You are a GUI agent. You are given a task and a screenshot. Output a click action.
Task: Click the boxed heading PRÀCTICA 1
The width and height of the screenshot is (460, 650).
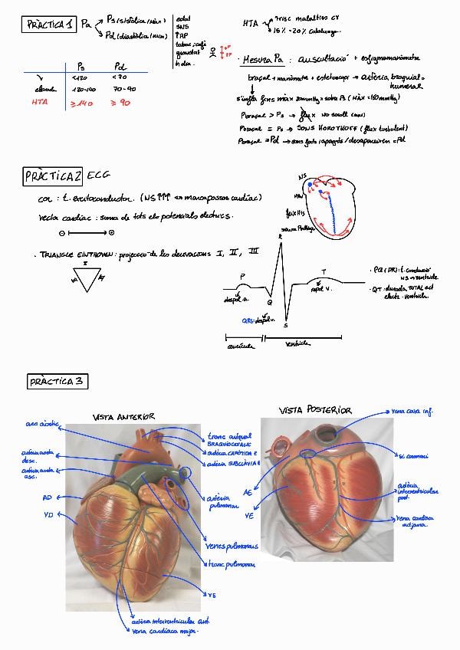pyautogui.click(x=49, y=25)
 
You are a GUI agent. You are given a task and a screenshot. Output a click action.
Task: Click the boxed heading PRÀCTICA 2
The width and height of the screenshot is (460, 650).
pyautogui.click(x=52, y=176)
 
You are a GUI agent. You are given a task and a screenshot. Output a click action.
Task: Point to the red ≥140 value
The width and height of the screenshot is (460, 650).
pyautogui.click(x=81, y=103)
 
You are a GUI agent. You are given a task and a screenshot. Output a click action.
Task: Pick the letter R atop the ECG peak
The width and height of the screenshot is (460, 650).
pyautogui.click(x=281, y=236)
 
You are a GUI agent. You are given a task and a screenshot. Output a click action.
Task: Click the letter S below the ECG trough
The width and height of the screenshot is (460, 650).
pyautogui.click(x=285, y=326)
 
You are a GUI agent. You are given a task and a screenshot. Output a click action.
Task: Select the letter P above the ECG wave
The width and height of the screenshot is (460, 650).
pyautogui.click(x=242, y=275)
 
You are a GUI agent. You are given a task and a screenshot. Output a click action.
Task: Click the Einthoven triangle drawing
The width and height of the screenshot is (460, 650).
pyautogui.click(x=86, y=278)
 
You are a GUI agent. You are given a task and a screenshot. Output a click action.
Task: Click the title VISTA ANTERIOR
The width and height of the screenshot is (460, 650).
pyautogui.click(x=123, y=416)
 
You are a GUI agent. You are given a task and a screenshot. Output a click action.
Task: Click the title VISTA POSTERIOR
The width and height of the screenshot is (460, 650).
pyautogui.click(x=314, y=411)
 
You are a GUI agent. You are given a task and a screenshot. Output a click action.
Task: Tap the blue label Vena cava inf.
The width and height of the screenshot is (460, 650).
pyautogui.click(x=412, y=412)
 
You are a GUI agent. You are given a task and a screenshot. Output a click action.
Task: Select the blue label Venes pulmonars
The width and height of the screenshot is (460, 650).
pyautogui.click(x=232, y=547)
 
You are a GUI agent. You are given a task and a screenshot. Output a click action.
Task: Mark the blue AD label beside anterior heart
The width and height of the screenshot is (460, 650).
pyautogui.click(x=48, y=497)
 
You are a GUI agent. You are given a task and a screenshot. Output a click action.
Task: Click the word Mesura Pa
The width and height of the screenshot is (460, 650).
pyautogui.click(x=263, y=59)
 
